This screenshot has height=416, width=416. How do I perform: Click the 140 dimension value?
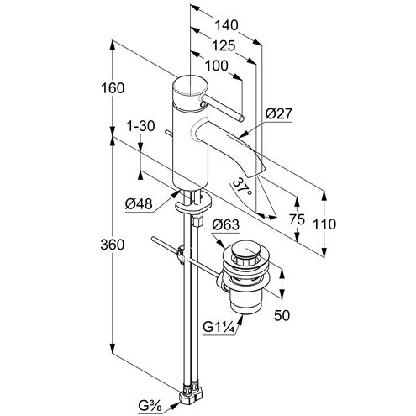point(226,25)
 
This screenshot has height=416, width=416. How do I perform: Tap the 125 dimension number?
point(224,45)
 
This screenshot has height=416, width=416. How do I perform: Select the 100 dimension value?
point(217,66)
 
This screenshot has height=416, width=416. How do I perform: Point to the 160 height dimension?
point(113,88)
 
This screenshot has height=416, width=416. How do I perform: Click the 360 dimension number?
point(113,245)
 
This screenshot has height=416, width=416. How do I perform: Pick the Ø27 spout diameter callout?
point(279,114)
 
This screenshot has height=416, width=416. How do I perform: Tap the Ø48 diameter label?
point(139,204)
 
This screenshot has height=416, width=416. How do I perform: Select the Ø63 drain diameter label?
point(226,224)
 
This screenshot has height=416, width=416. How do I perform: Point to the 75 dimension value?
point(297,219)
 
